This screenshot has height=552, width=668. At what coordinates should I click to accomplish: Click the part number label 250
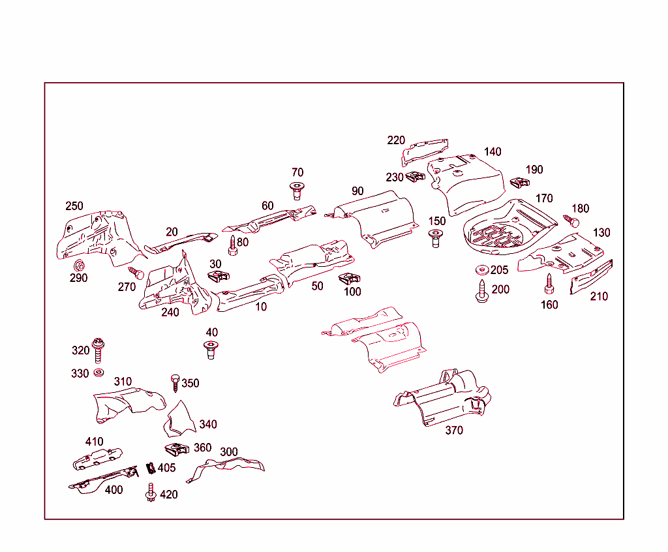74,206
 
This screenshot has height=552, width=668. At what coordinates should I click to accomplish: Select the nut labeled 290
80,265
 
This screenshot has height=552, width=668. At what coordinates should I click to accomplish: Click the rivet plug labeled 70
297,190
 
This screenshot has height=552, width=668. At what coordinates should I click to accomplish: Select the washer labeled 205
482,270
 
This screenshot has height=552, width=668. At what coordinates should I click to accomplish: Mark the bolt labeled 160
549,284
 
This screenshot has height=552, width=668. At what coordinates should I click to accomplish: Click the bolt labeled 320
99,350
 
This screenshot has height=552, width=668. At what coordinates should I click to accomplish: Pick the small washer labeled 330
98,373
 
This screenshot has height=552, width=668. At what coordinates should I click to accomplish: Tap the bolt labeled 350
175,382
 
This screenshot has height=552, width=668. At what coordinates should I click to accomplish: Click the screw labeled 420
151,493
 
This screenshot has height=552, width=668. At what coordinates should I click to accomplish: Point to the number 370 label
454,431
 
